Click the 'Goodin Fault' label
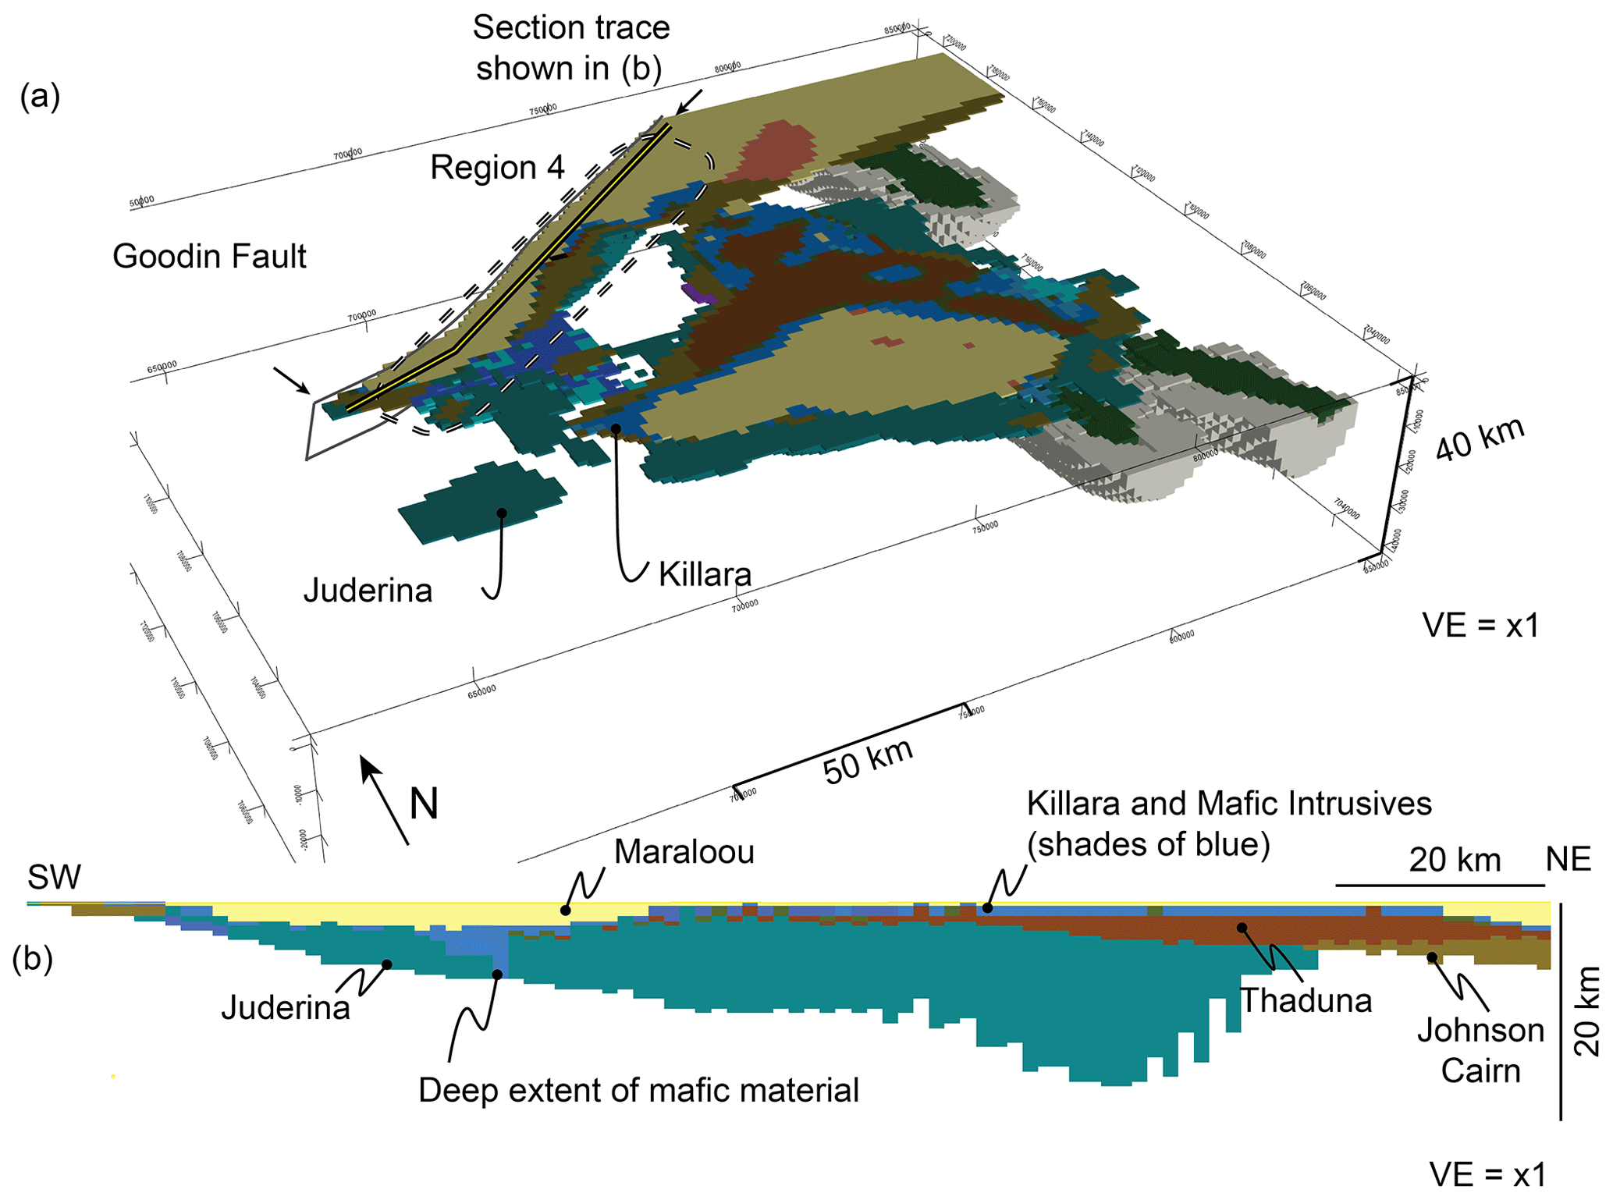coord(209,257)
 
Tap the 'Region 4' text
coord(497,168)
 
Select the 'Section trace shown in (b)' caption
coord(570,48)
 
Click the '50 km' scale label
coord(868,761)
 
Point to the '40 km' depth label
coord(1480,439)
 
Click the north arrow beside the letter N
coord(383,799)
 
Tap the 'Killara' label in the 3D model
coord(705,574)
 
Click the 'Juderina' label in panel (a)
coord(368,591)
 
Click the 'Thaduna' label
coord(1306,1000)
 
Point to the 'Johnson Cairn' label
coord(1480,1050)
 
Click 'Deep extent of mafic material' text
coord(638,1090)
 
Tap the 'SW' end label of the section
coord(54,878)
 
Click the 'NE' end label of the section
coord(1569,860)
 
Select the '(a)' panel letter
coord(40,97)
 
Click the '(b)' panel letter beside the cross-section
coord(32,959)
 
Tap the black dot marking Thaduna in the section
coord(1242,928)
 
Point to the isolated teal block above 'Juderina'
coord(482,501)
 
